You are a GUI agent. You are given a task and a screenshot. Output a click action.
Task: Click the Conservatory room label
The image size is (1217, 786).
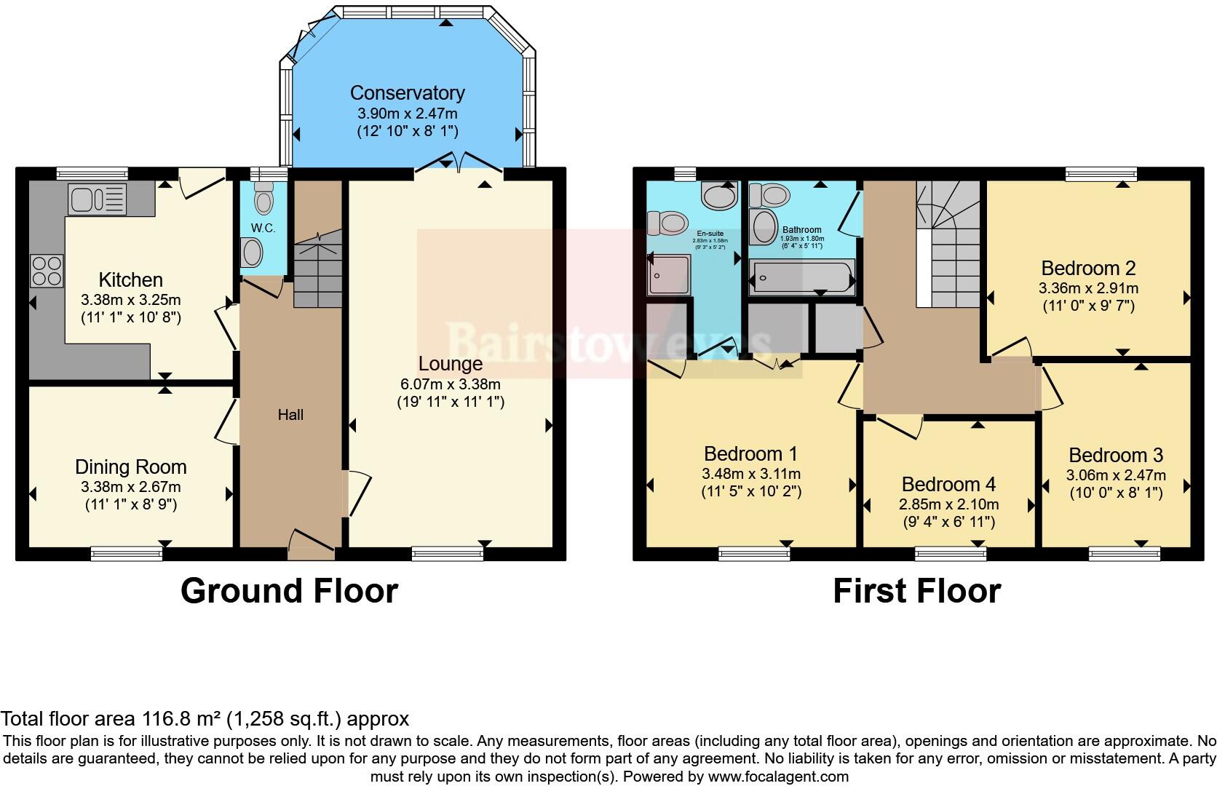click(x=407, y=93)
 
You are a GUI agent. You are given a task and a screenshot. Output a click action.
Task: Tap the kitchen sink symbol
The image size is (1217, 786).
click(x=97, y=198)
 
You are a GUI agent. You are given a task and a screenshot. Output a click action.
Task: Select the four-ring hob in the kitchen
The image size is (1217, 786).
click(x=47, y=271)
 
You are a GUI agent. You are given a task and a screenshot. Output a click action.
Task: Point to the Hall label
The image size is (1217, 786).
click(x=290, y=415)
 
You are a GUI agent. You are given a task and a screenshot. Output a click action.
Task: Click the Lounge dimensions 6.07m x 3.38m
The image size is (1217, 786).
click(x=450, y=384)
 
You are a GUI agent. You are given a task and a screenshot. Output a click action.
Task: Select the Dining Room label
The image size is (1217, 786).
click(x=131, y=467)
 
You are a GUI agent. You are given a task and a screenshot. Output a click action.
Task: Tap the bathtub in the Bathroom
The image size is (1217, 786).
click(x=802, y=278)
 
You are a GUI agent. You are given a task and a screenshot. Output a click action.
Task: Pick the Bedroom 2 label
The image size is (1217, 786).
click(x=1087, y=268)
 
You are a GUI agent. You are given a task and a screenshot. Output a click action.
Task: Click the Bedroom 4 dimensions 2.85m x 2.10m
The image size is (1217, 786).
click(x=948, y=504)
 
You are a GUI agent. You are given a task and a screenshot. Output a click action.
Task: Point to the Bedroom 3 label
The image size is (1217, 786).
click(x=1115, y=456)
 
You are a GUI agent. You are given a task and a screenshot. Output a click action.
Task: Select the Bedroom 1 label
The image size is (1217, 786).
click(x=750, y=454)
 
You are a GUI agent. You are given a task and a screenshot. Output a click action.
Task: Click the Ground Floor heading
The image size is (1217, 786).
click(x=289, y=591)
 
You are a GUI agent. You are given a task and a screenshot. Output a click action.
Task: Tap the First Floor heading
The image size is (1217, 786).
click(x=916, y=591)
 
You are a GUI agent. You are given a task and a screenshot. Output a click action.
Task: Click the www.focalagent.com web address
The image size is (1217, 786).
click(x=777, y=777)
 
